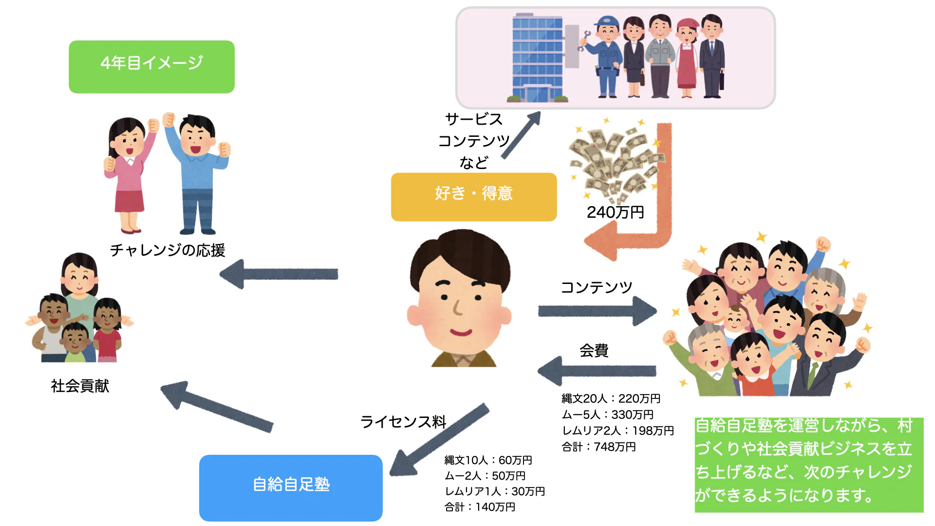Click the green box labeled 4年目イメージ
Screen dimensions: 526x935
(151, 67)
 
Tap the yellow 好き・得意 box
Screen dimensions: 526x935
(473, 197)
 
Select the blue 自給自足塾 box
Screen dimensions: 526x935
(291, 488)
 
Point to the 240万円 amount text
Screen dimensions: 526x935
(615, 212)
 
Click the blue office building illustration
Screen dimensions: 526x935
(538, 58)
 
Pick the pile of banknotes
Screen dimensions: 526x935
(616, 161)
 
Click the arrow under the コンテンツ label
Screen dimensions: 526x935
(597, 311)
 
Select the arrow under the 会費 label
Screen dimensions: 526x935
(597, 371)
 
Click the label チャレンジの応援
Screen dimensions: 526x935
(167, 250)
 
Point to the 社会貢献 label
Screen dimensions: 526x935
(80, 386)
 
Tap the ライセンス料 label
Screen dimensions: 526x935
(403, 422)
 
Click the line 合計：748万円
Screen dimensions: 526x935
(598, 447)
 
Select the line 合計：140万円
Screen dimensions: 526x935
(480, 507)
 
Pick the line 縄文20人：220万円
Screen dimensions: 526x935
(611, 398)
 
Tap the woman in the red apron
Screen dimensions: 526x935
(687, 58)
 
